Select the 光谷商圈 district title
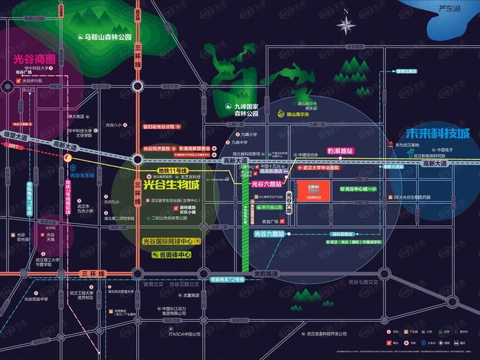click(x=33, y=55)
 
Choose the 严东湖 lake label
click(x=448, y=9)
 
